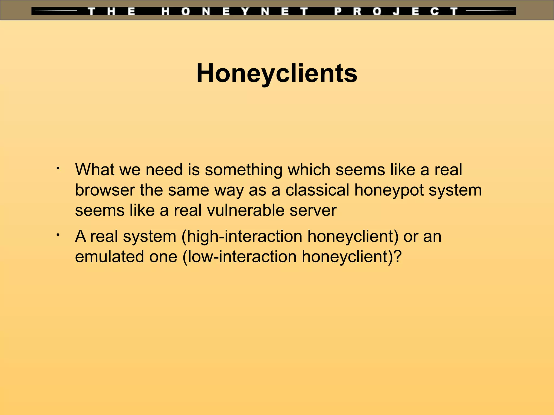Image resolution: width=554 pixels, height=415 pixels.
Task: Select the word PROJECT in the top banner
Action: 396,12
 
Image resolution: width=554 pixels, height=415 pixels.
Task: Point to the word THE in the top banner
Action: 111,12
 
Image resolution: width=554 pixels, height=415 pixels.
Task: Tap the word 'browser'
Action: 105,190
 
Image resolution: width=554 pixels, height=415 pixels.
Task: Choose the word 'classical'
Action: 317,190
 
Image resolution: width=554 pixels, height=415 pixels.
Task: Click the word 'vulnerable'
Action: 246,210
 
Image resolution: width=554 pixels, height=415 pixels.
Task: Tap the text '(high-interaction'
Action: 242,237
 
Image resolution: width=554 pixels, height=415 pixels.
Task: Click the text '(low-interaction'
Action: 239,257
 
